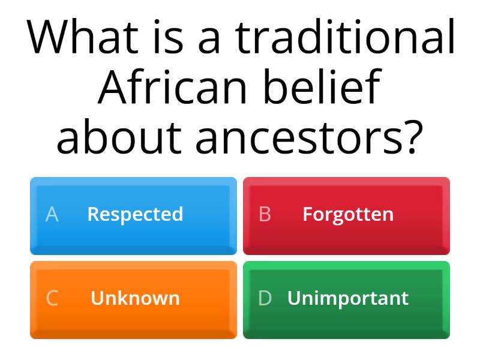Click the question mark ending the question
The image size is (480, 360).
[x=407, y=136]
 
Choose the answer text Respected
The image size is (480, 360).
[x=135, y=214]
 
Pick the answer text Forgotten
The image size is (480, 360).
[x=348, y=214]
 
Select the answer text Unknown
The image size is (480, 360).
[x=135, y=298]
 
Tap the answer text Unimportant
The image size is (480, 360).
[x=348, y=298]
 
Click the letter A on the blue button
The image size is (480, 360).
[x=52, y=214]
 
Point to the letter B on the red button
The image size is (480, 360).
[x=265, y=214]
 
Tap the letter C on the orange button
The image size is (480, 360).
[x=52, y=298]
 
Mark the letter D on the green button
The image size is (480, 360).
[x=265, y=298]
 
